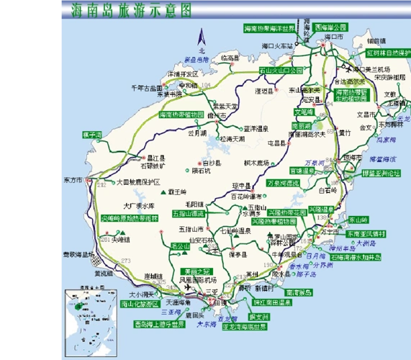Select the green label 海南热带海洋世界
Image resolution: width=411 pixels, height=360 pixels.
tap(269, 28)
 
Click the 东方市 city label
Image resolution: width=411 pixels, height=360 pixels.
tap(73, 180)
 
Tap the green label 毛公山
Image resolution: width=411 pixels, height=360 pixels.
tap(179, 246)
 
